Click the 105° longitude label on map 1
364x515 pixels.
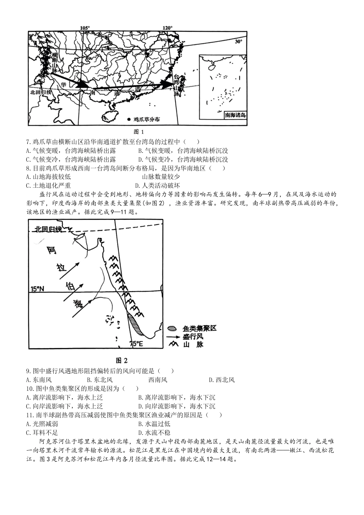click(85, 28)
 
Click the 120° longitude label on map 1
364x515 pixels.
click(167, 28)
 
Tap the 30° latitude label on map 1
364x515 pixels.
click(238, 41)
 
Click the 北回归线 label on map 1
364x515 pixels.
click(41, 92)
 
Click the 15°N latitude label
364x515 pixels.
click(38, 289)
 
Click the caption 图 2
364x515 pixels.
click(121, 360)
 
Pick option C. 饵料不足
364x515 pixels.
click(42, 433)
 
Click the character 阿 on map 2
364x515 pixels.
click(51, 251)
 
